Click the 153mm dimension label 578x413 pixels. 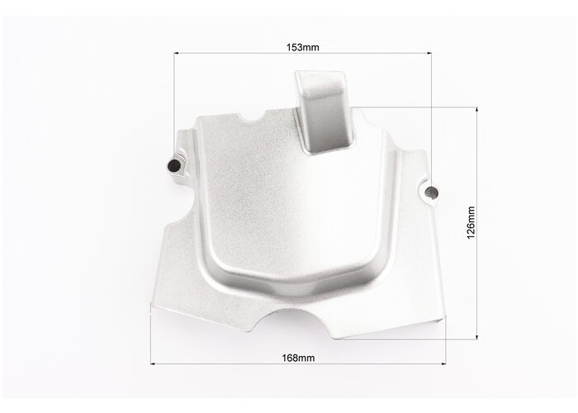[303, 47]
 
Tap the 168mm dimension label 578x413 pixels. [298, 358]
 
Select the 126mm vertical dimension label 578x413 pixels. [471, 223]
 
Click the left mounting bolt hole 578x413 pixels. [173, 165]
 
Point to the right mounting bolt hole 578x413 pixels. [431, 192]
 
